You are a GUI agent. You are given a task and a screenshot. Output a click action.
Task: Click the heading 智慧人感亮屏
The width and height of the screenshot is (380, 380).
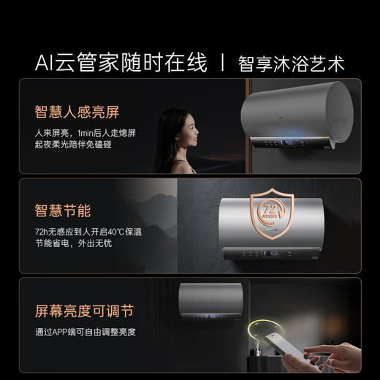(77, 113)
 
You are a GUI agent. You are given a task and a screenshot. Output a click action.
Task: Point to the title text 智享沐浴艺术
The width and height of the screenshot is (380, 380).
(291, 63)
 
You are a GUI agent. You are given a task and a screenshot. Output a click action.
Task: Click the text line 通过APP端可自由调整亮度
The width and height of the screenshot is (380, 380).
(85, 332)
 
